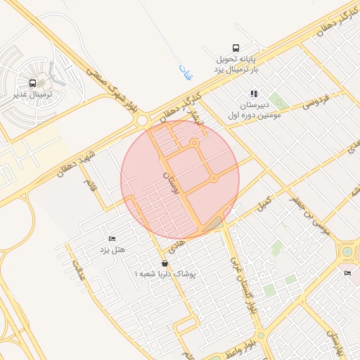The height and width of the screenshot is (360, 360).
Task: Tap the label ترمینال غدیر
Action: [34, 93]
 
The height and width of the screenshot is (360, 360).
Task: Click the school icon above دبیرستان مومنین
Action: [254, 93]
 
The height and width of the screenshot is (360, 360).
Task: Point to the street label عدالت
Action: [78, 270]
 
